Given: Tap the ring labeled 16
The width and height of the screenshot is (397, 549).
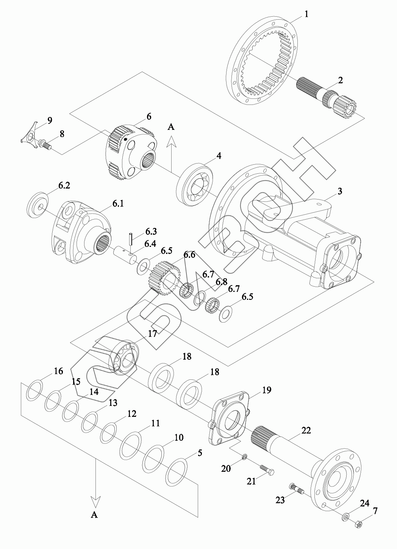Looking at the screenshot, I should point(34,390).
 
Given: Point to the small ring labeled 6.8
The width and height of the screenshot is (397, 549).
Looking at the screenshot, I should point(200,298).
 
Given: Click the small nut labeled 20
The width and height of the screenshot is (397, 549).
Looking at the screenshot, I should point(245,458).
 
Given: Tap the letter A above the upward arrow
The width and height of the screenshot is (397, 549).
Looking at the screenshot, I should point(171,127).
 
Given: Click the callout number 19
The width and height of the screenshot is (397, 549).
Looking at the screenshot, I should point(267,390).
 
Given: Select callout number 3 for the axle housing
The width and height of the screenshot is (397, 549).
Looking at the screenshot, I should point(340,191).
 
